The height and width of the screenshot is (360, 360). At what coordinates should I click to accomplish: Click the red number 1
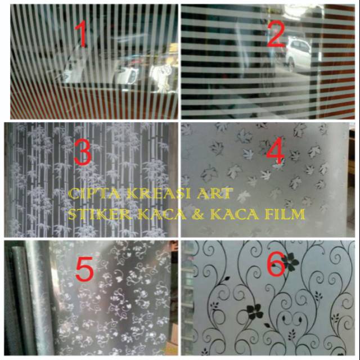click(x=82, y=34)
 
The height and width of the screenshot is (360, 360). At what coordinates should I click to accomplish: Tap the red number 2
click(x=276, y=34)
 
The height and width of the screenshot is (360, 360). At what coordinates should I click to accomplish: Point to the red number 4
click(x=276, y=152)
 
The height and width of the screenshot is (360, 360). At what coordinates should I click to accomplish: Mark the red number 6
click(x=276, y=266)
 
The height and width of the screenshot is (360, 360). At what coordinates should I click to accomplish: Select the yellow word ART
click(x=214, y=195)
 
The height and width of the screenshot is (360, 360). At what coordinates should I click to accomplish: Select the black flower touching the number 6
click(x=290, y=260)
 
